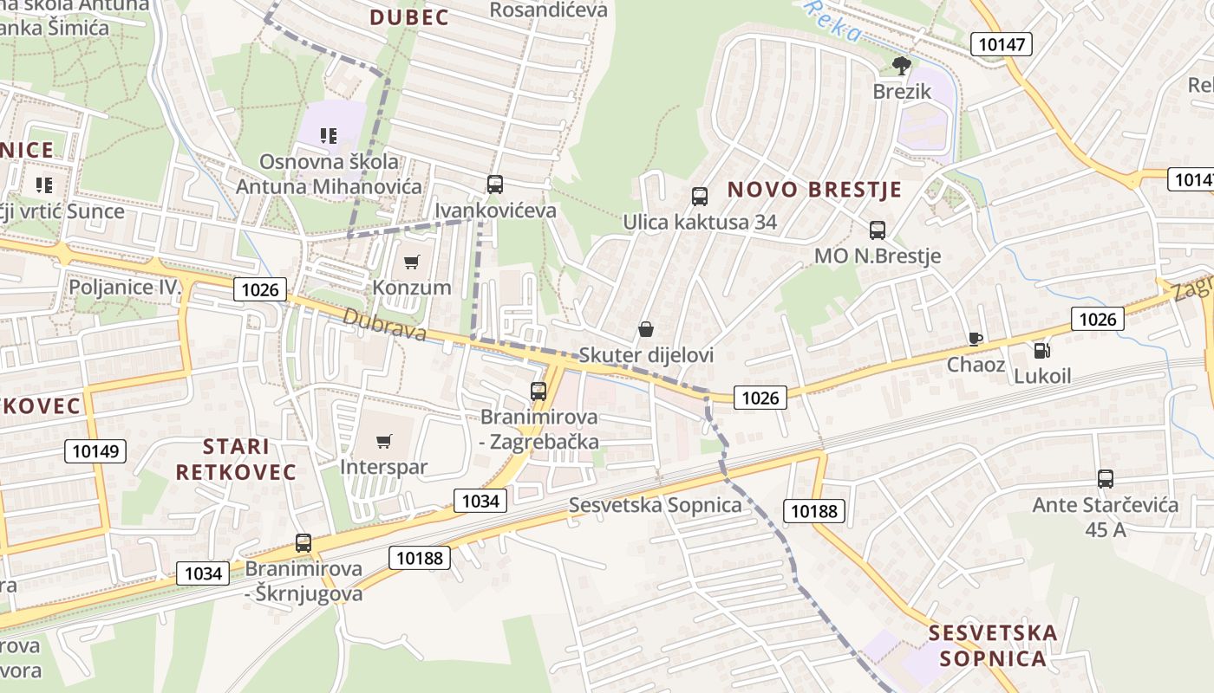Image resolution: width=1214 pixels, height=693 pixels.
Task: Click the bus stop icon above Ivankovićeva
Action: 495,184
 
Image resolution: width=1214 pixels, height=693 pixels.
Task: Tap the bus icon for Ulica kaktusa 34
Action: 700,197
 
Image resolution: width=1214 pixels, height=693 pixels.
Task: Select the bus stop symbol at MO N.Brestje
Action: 878,230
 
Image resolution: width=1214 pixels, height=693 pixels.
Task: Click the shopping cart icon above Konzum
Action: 412,261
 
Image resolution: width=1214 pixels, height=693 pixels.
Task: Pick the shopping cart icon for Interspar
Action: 384,441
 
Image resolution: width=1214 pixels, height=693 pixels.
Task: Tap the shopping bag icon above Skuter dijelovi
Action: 645,329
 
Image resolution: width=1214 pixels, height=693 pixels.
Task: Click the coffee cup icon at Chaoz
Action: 976,339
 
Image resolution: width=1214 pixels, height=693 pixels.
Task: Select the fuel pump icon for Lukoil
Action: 1041,350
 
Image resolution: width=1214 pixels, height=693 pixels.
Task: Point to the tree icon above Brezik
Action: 902,65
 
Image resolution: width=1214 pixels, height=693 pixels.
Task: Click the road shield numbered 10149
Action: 95,450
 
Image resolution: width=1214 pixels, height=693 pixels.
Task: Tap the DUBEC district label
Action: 409,17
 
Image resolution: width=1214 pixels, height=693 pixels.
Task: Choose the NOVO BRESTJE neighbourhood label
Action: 814,190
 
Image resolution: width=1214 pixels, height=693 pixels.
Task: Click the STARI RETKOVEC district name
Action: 236,459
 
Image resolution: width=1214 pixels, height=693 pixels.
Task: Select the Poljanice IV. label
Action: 126,287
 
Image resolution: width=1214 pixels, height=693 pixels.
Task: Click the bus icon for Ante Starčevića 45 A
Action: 1106,478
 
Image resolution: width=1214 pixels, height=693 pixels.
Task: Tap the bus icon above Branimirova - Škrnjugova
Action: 303,543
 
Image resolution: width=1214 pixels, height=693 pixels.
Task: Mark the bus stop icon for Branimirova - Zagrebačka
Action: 538,391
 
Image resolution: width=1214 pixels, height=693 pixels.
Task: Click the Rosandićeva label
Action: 548,10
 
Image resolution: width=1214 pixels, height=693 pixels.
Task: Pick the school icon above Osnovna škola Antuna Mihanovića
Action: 329,135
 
